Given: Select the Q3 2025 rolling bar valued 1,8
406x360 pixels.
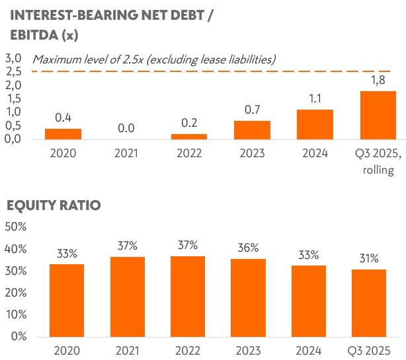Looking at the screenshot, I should pos(378,115).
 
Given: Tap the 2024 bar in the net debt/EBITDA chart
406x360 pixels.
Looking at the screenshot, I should pos(315,124).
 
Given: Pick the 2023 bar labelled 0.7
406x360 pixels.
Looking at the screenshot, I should pos(252,129).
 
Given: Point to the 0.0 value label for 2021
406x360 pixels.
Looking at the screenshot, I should pos(126,127).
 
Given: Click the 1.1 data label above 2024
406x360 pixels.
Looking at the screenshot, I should pos(315,98).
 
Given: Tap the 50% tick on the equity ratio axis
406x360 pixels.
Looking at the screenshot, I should pos(15,227).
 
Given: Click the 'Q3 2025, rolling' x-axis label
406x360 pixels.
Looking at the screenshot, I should pos(378,163).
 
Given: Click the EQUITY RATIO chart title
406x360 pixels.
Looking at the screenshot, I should pos(54,205).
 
